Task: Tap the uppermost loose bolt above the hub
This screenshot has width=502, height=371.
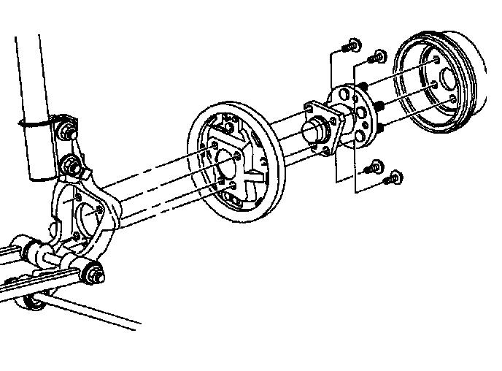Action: point(351,45)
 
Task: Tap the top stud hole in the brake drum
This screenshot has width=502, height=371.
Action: point(436,61)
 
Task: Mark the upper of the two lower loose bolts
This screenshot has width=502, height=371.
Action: point(375,165)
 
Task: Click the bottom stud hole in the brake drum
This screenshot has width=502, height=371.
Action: point(454,98)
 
